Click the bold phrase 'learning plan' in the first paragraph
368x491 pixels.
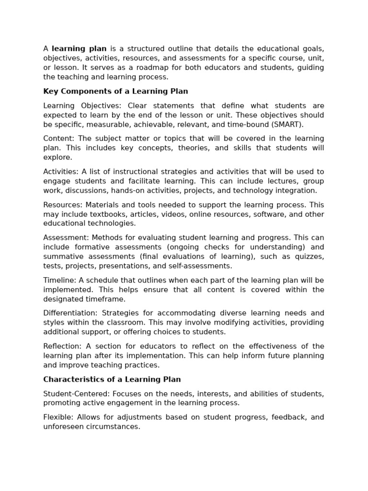(79, 48)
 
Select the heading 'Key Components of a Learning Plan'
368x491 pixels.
(115, 91)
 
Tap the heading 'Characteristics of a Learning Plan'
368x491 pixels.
(112, 379)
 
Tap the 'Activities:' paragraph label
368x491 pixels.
(61, 172)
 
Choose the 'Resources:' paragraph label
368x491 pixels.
(63, 205)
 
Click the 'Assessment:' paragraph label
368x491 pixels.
(66, 238)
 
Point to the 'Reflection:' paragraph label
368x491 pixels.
(62, 346)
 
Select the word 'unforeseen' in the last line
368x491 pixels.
(63, 427)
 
